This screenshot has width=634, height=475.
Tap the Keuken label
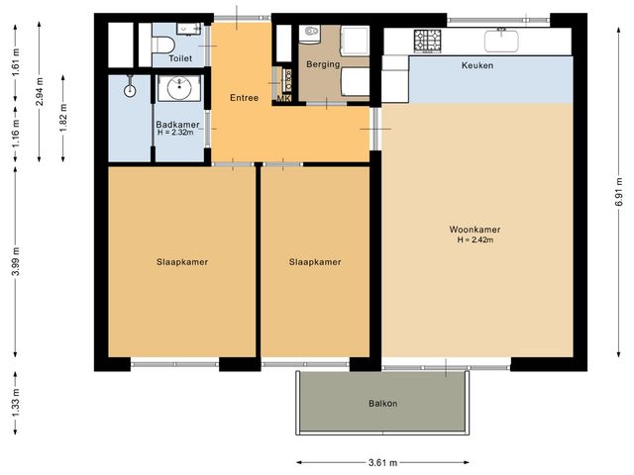(x=477, y=65)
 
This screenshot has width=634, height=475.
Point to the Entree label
(x=244, y=98)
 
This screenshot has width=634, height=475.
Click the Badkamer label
(x=174, y=124)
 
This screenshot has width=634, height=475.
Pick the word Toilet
(x=180, y=58)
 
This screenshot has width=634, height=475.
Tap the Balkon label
(x=382, y=404)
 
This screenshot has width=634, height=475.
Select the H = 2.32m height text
(x=174, y=133)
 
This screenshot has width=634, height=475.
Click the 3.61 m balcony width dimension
(x=382, y=462)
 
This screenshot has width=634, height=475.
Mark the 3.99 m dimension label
(x=15, y=262)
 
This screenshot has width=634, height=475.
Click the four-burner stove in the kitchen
(x=428, y=41)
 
